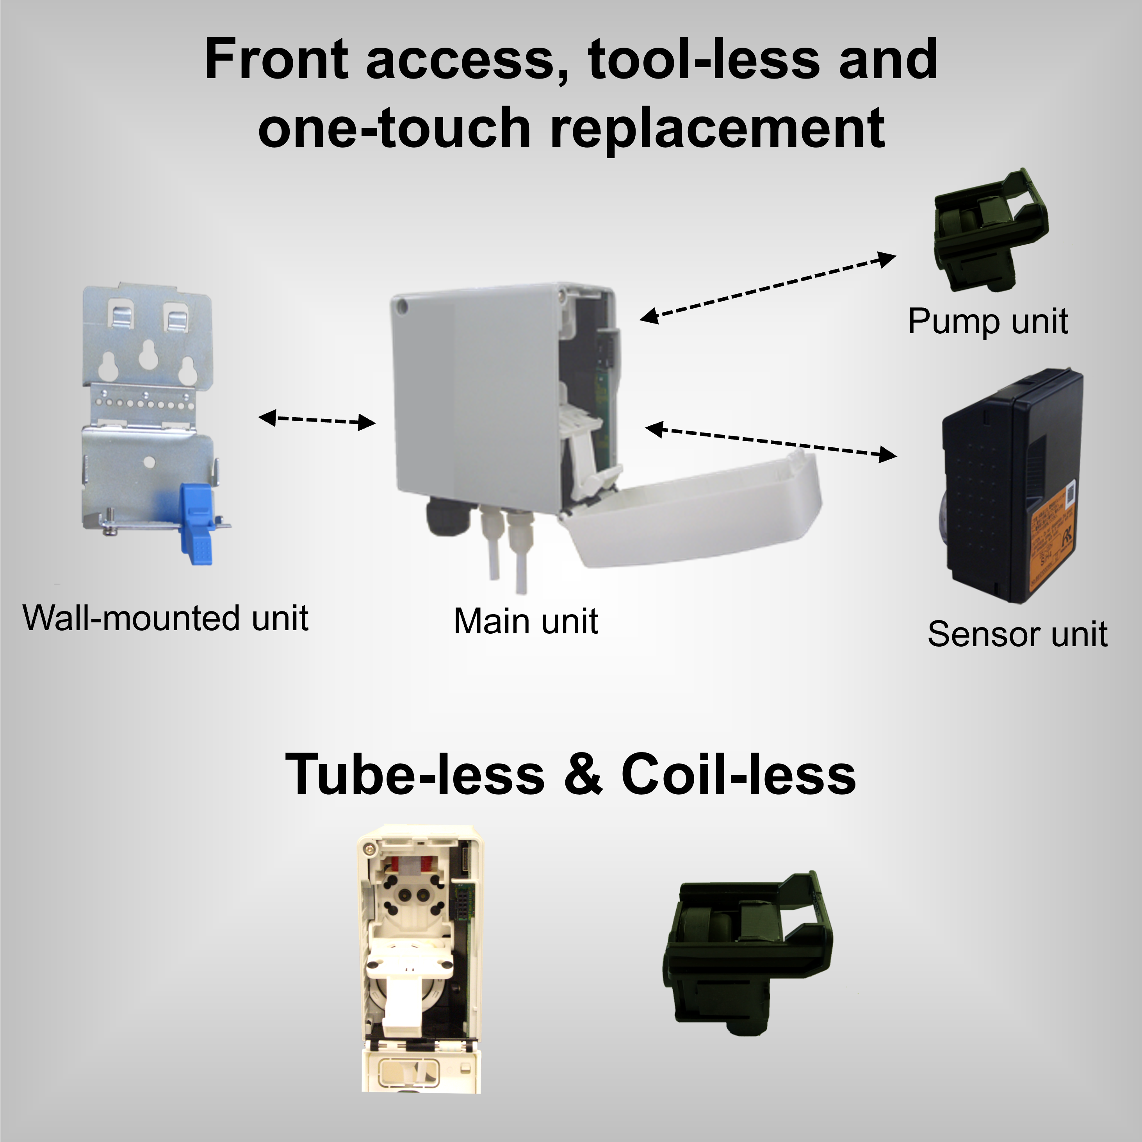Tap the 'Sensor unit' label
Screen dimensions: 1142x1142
(x=1017, y=634)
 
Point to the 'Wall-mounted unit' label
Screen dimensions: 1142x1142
(x=166, y=618)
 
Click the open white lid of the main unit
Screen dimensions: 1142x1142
(x=697, y=509)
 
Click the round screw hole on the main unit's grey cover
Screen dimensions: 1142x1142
(x=403, y=305)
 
